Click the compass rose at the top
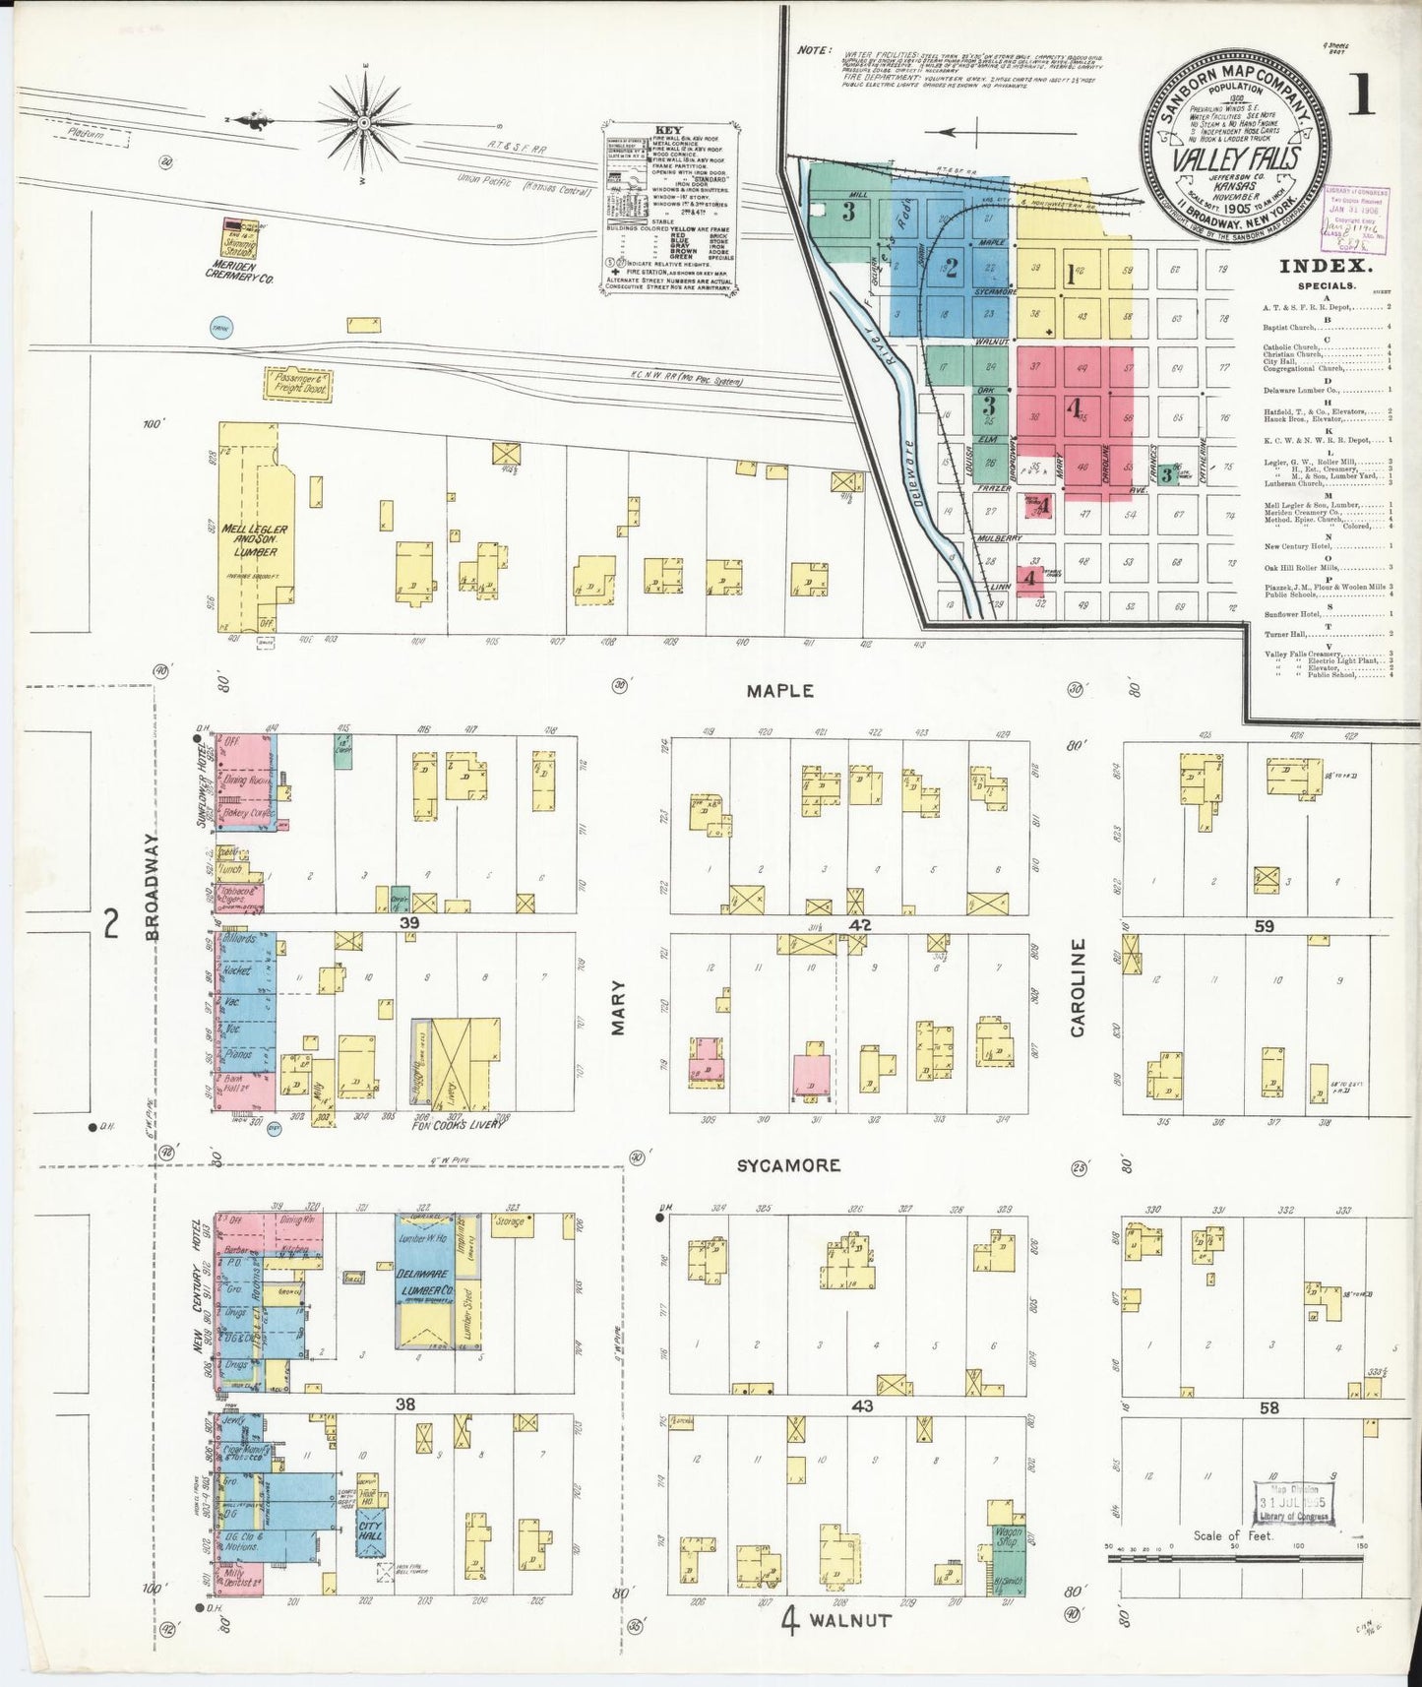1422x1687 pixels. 363,122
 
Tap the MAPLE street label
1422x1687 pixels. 779,691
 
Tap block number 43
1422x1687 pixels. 862,1406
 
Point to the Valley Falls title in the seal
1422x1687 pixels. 1234,158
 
